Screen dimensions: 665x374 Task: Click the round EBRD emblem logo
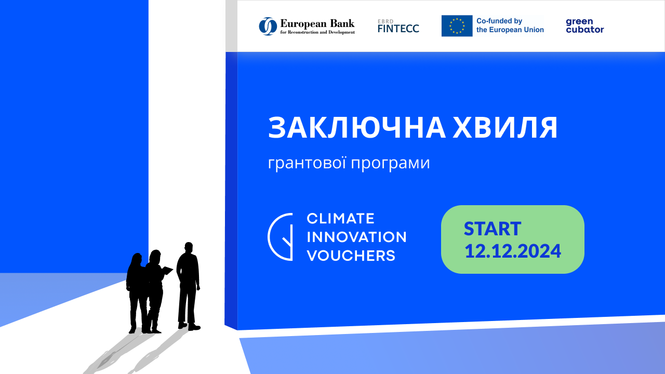click(x=268, y=26)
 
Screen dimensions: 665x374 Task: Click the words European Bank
click(x=317, y=23)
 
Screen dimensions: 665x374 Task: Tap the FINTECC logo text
click(x=398, y=29)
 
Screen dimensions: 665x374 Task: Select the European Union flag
click(x=457, y=26)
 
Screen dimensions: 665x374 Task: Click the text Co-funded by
click(x=499, y=21)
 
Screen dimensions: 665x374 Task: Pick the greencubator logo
click(x=585, y=25)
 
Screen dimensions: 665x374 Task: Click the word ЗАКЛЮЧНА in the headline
click(x=357, y=128)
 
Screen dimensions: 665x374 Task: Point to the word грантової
click(x=307, y=163)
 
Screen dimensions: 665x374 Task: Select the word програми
click(x=391, y=164)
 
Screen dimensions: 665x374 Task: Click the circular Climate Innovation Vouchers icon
click(x=280, y=237)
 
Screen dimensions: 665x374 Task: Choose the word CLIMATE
click(x=340, y=219)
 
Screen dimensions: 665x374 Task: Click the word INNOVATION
click(x=356, y=237)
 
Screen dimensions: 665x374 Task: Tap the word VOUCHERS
click(x=351, y=256)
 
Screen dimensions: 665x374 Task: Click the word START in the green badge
click(x=493, y=229)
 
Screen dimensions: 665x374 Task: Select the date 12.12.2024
click(x=513, y=251)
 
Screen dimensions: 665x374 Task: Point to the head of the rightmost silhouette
click(x=189, y=248)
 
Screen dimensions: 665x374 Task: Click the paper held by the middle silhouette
click(x=167, y=271)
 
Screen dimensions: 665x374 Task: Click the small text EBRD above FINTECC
click(x=385, y=21)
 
